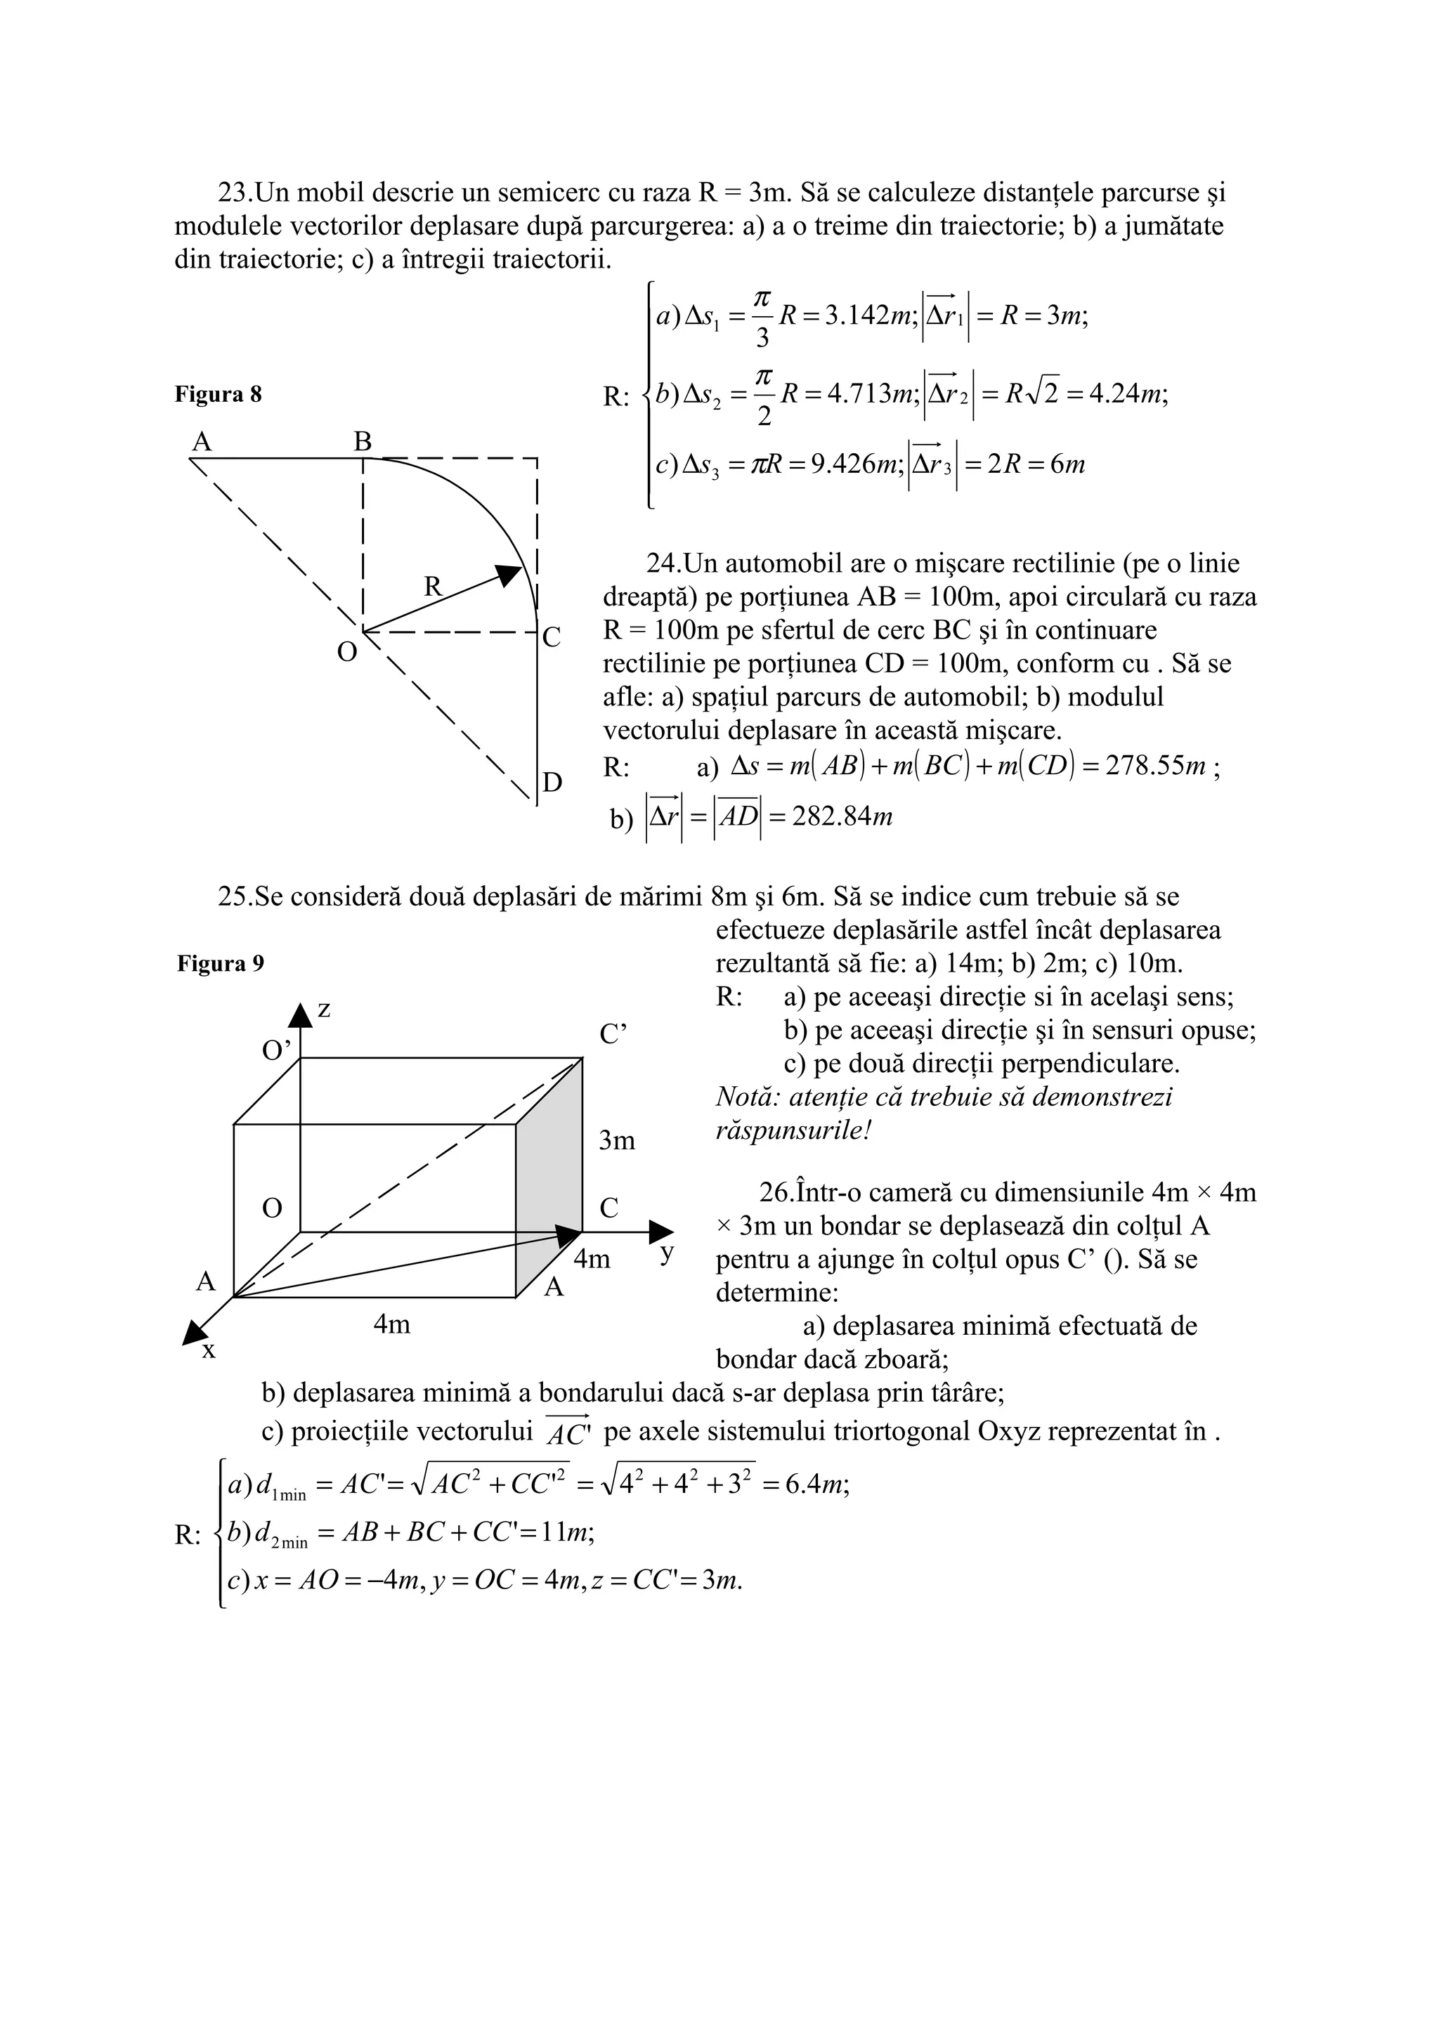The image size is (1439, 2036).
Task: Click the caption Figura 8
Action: tap(218, 395)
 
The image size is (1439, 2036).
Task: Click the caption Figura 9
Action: tap(220, 964)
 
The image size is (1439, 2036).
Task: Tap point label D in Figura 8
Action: tap(552, 782)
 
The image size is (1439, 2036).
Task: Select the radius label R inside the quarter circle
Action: tap(432, 586)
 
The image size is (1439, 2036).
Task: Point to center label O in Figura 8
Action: tap(346, 653)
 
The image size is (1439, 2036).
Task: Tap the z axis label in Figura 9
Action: tap(324, 1009)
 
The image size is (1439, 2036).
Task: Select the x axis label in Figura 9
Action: tap(209, 1350)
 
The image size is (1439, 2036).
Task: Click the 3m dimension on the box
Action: tap(617, 1140)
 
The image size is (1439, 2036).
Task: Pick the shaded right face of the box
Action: tap(549, 1180)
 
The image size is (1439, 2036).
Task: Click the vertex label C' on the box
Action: tap(613, 1035)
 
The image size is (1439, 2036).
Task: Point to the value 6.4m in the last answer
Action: tap(816, 1484)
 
